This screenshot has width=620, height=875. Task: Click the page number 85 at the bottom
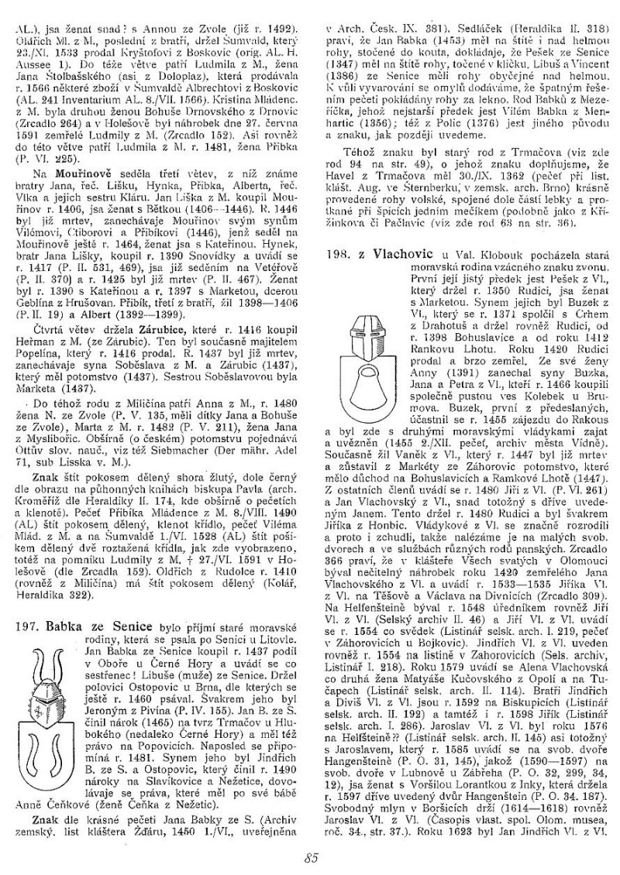click(x=312, y=858)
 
